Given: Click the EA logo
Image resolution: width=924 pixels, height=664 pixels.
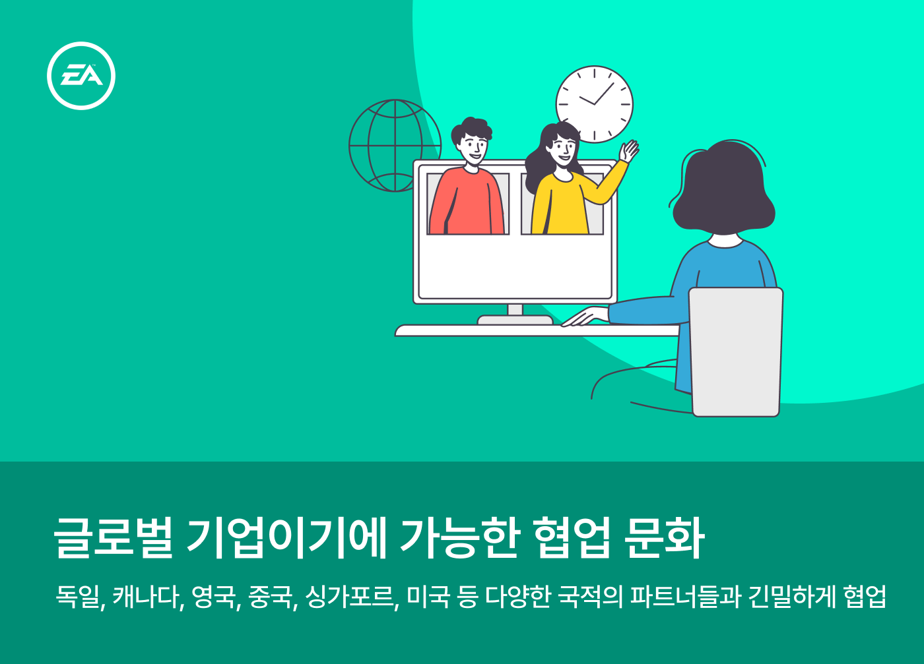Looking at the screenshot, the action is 81,76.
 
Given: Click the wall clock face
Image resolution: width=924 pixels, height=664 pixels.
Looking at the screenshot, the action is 595,104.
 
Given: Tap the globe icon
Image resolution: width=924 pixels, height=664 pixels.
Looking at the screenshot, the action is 395,146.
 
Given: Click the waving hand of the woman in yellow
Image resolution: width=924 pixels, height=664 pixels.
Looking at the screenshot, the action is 628,151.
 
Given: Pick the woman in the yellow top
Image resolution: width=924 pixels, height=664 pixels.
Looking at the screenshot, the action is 569,181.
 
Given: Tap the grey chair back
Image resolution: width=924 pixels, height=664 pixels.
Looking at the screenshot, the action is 736,352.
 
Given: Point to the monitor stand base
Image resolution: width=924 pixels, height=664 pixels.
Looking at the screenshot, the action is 515,320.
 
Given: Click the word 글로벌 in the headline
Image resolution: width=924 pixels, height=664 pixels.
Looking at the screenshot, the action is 113,538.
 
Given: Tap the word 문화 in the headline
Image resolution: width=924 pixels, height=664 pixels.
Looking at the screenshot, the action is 664,538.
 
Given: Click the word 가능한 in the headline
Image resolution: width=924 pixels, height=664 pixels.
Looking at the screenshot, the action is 458,538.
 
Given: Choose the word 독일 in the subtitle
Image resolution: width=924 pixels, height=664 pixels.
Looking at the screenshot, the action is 78,596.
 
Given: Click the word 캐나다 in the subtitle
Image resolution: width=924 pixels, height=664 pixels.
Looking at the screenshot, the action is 146,596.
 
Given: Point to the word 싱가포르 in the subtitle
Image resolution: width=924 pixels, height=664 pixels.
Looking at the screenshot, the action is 350,596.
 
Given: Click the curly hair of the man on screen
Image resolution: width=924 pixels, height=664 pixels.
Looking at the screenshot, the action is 471,129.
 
